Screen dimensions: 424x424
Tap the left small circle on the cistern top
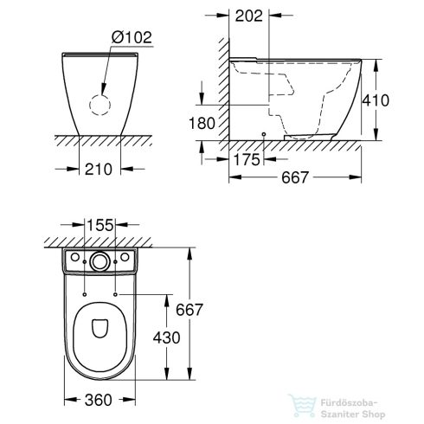(75, 259)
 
